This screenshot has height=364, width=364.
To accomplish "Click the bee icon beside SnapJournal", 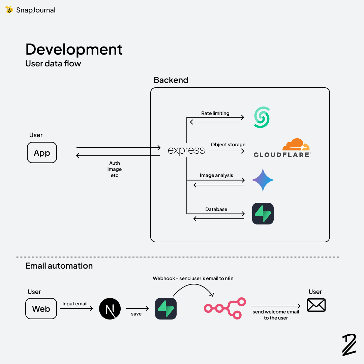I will coord(9,10).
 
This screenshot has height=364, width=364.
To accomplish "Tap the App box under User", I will coord(42,153).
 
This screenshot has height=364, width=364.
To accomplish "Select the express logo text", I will coord(186,150).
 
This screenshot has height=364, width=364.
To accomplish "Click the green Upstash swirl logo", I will coord(262,117).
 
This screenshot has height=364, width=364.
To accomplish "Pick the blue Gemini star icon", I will coord(263,180).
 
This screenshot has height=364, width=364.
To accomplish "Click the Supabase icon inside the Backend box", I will coord(263,214).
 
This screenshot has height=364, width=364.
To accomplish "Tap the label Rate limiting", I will coord(215,113).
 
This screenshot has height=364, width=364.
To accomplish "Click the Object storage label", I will coord(228,145).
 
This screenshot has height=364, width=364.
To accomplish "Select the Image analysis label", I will coord(216,175).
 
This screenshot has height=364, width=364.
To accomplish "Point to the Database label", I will coord(216,209).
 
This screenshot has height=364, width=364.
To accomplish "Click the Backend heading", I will coord(171,80).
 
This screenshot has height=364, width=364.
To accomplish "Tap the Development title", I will coord(74,49).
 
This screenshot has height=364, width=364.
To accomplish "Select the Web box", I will coord(41,309).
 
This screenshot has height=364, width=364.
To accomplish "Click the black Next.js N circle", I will coord(110,309).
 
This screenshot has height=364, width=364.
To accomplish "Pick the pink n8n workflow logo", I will coord(225,308).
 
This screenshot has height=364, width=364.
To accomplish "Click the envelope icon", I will coord(316,305).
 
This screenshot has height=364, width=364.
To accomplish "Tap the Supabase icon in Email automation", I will coord(166,309).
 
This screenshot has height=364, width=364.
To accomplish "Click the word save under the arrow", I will coord(136,314).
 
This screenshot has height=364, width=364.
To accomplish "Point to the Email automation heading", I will coord(59,266).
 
